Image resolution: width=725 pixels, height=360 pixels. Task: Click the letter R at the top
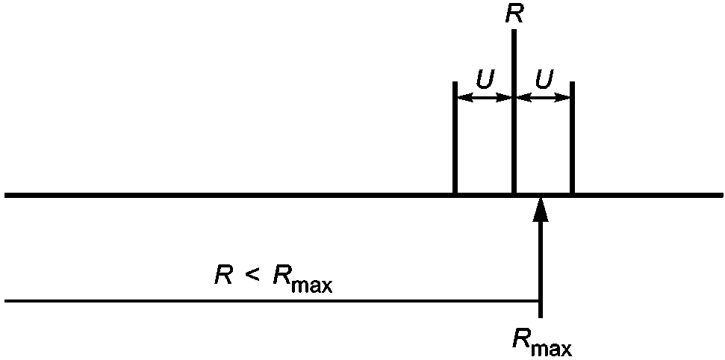[513, 14]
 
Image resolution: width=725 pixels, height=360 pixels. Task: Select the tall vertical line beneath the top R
[514, 111]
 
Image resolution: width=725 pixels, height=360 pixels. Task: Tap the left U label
[485, 79]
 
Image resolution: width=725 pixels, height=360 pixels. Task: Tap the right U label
[544, 79]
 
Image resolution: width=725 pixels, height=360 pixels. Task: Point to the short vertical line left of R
[455, 137]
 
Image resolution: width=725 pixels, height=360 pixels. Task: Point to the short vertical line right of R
[573, 137]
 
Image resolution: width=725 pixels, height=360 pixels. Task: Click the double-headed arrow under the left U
[484, 98]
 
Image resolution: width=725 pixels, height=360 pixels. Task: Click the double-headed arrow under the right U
[543, 98]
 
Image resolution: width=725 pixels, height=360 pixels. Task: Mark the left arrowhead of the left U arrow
[464, 98]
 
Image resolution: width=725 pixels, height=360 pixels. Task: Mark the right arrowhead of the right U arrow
[563, 98]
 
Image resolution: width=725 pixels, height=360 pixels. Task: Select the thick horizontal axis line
[364, 195]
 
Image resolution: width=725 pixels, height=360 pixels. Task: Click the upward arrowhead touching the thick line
[540, 210]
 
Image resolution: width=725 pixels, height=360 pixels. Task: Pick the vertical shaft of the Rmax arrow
[540, 270]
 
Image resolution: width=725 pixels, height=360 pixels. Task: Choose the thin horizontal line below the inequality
[272, 301]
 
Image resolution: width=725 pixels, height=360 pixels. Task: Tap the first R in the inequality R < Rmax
[223, 276]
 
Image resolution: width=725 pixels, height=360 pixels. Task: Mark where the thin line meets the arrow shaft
[540, 301]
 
